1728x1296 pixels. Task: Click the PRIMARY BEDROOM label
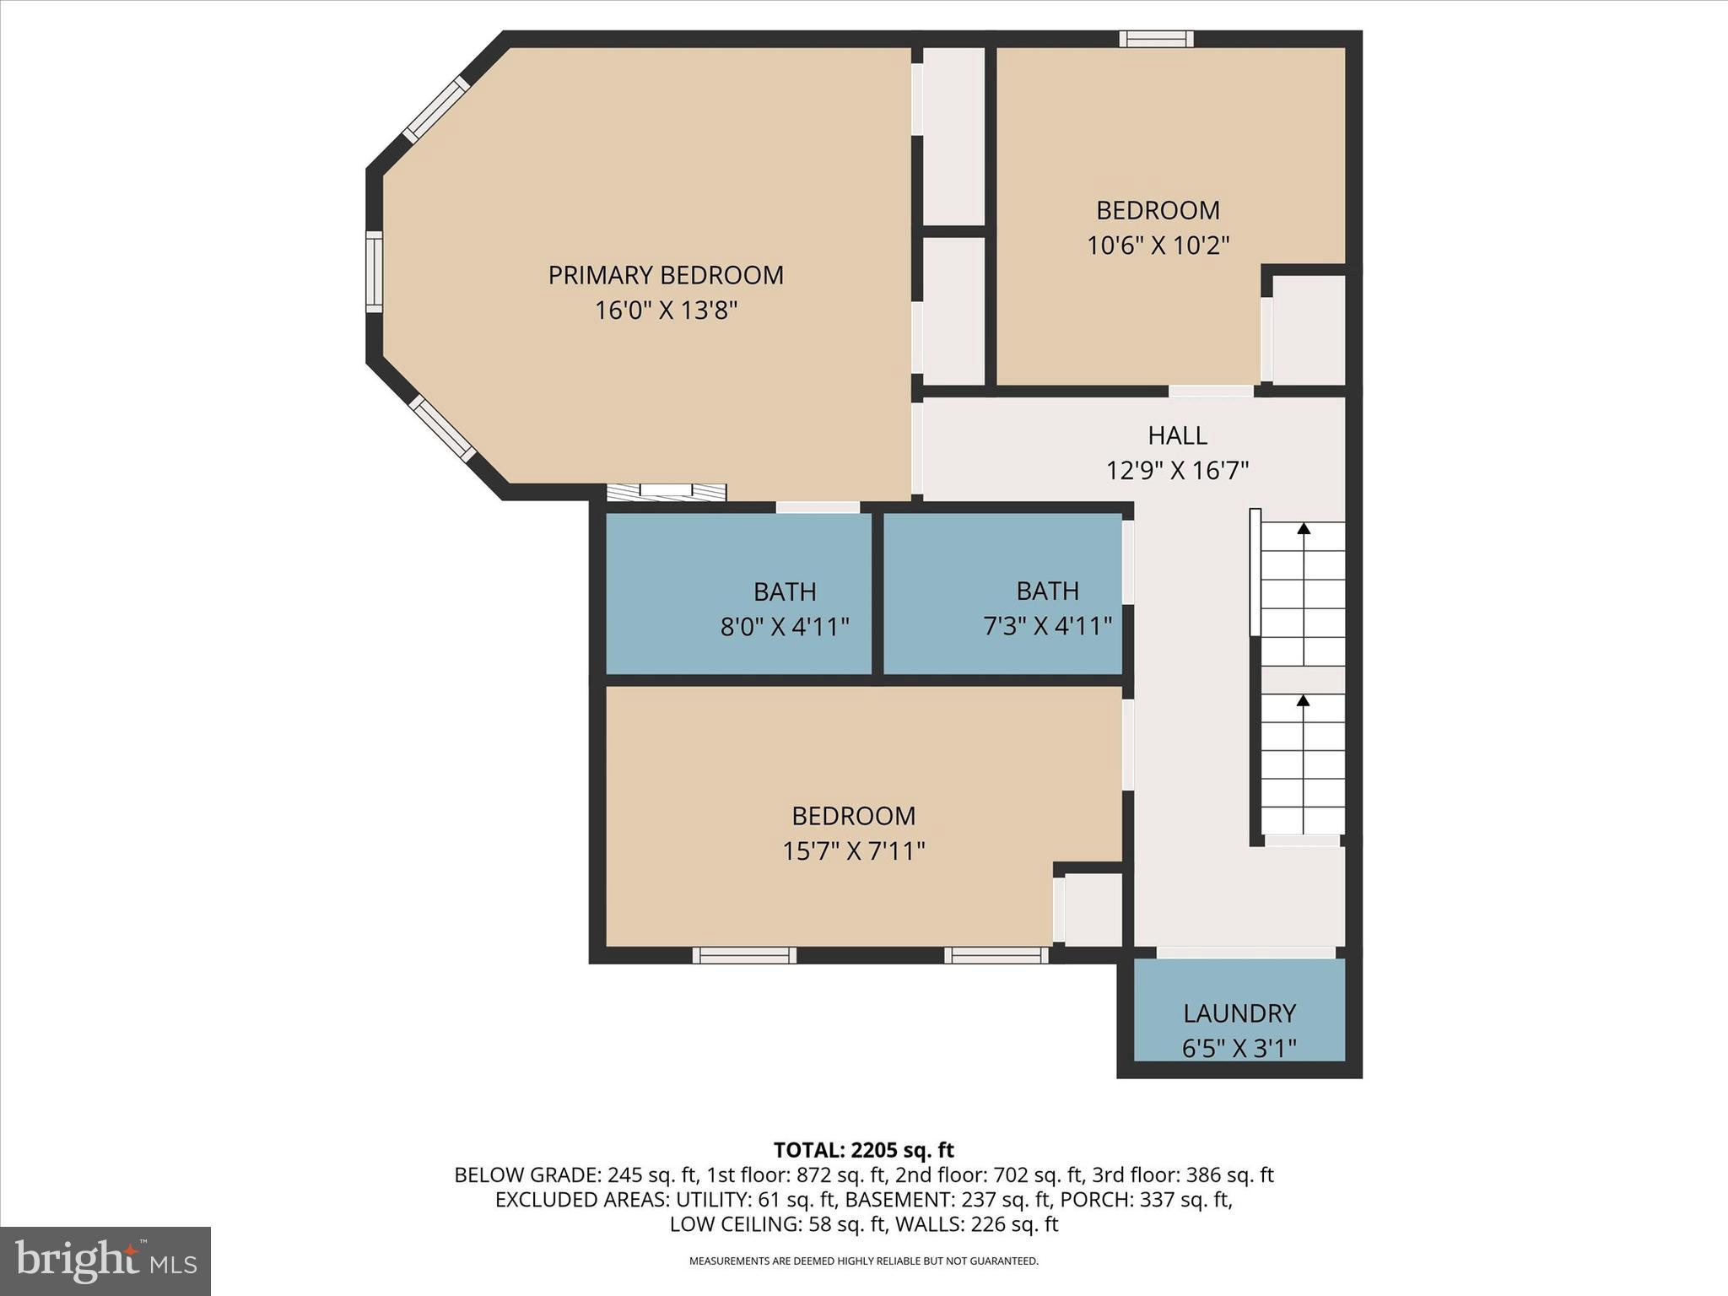tap(666, 275)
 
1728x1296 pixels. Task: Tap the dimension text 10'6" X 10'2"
tap(1158, 246)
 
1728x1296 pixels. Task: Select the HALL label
tap(1177, 435)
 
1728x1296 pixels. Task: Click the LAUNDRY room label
tap(1239, 1013)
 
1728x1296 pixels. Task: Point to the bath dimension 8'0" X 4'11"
tap(784, 627)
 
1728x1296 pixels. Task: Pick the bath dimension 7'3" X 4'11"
tap(1047, 626)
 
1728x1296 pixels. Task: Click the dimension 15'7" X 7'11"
tap(853, 851)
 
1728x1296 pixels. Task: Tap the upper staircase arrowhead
tap(1304, 529)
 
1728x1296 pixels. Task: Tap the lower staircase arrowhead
tap(1303, 700)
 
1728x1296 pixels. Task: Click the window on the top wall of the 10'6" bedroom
tap(1156, 39)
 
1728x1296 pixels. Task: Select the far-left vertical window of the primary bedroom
tap(374, 272)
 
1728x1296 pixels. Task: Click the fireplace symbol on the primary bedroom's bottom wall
tap(667, 492)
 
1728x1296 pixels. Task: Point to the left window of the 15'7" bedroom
tap(744, 955)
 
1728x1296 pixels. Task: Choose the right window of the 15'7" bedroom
tap(996, 955)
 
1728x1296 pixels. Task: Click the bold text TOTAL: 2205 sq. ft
tap(863, 1150)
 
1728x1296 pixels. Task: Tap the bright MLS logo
tap(105, 1261)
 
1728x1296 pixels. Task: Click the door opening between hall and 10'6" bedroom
tap(1211, 391)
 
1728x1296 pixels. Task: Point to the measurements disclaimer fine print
tap(863, 1261)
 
